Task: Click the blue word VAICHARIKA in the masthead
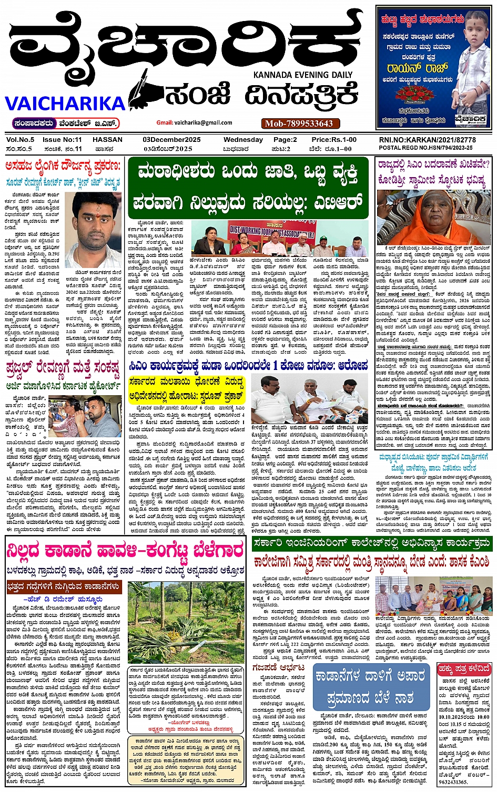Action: [x=64, y=103]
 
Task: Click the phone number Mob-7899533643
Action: [x=299, y=124]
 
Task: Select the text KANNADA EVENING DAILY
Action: [x=303, y=75]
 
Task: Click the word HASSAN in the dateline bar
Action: [x=107, y=140]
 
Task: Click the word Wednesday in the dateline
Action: [x=243, y=140]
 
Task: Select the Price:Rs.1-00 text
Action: [x=334, y=140]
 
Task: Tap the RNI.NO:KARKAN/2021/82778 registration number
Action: [x=427, y=140]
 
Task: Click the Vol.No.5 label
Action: [x=20, y=140]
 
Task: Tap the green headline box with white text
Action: [x=247, y=187]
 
